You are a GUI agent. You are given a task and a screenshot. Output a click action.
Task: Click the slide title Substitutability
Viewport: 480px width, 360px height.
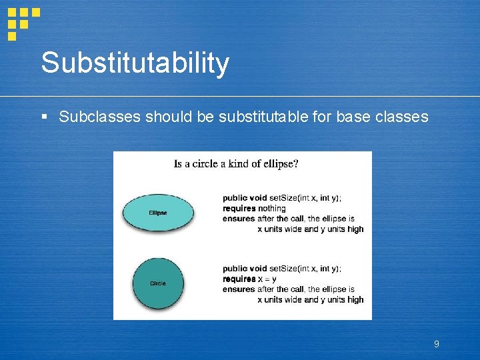point(135,63)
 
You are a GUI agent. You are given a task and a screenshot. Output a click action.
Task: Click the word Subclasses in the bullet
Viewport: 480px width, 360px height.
point(99,117)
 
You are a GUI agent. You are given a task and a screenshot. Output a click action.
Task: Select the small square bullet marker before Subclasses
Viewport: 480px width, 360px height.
point(44,117)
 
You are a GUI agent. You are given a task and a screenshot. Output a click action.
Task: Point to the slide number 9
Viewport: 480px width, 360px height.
point(436,344)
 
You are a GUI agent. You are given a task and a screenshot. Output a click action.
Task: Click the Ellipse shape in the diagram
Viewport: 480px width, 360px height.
point(158,213)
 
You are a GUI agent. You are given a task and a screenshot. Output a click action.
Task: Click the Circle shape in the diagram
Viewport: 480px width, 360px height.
point(158,283)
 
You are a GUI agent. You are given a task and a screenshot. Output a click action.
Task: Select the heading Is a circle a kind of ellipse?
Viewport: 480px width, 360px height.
point(236,164)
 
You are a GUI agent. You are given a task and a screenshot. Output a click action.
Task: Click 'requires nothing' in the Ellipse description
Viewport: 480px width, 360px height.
point(254,209)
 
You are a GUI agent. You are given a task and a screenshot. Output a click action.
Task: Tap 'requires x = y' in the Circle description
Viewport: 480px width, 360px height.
point(249,279)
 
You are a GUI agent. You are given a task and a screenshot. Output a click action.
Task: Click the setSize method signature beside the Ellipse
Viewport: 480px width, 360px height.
point(282,198)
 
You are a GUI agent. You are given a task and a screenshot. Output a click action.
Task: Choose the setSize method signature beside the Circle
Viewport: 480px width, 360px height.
point(282,268)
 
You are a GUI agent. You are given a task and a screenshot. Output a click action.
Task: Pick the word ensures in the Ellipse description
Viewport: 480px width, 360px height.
point(239,219)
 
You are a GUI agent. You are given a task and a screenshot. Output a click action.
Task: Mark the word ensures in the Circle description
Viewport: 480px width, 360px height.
point(239,289)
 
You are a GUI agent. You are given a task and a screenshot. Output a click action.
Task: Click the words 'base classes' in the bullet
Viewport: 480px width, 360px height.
point(382,117)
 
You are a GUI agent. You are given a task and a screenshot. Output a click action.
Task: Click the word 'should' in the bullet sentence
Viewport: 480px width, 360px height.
point(169,117)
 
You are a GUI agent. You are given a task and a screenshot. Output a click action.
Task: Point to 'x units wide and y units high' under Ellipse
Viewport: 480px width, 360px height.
point(311,229)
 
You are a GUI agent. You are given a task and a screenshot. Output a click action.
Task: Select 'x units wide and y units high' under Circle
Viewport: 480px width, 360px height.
point(311,300)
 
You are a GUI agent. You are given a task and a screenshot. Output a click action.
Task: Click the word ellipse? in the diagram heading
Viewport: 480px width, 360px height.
point(281,164)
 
